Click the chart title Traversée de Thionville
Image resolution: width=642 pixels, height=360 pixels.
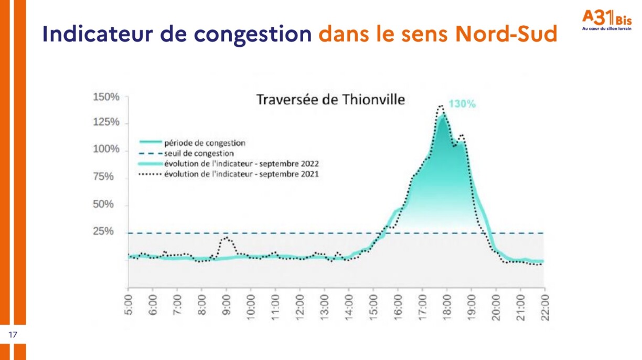coord(330,100)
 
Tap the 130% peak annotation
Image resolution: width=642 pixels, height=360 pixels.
coord(462,104)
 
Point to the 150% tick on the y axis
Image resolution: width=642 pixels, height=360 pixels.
coord(106,97)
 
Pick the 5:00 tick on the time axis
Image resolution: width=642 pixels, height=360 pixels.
coord(129,304)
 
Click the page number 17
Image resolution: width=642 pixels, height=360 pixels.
coord(12,334)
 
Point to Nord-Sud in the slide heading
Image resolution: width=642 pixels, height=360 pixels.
coord(506,34)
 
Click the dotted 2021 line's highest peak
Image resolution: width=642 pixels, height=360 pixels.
coord(440,107)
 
